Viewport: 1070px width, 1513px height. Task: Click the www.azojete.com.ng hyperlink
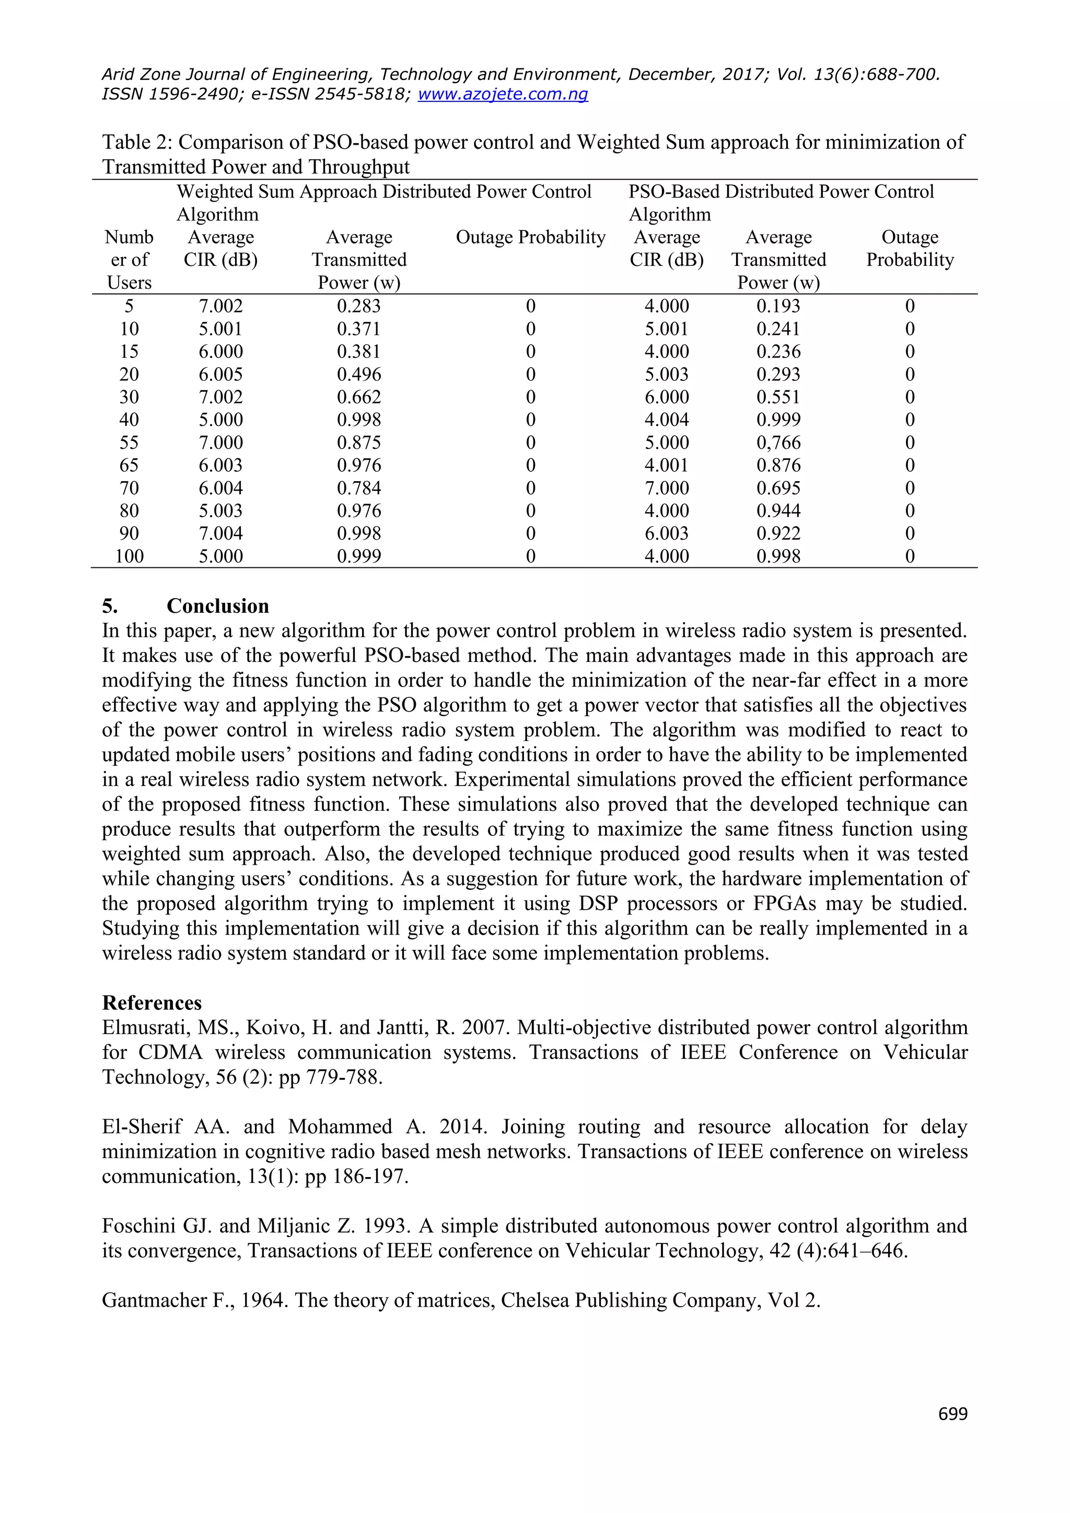pyautogui.click(x=503, y=94)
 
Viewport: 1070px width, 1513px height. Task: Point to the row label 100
pyautogui.click(x=129, y=556)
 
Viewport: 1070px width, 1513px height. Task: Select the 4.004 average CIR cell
pyautogui.click(x=666, y=420)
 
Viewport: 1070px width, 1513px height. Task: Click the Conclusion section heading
pyautogui.click(x=217, y=606)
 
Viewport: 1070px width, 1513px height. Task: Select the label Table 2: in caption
pyautogui.click(x=137, y=142)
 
